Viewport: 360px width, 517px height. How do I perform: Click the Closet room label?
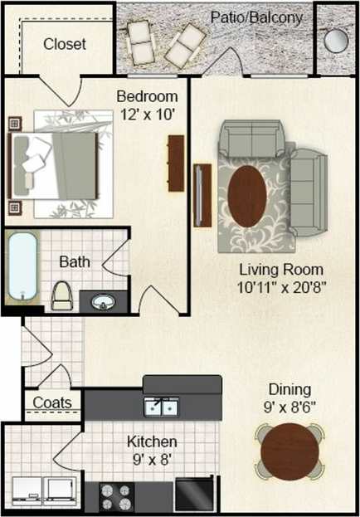click(65, 44)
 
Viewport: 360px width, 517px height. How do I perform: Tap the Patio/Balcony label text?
click(255, 17)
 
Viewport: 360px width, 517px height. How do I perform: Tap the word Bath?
click(75, 262)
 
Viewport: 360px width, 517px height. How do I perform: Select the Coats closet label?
click(52, 404)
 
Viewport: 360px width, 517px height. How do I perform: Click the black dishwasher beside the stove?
click(194, 495)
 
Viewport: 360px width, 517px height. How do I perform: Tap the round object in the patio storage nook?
click(337, 40)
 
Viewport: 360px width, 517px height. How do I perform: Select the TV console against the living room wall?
click(199, 195)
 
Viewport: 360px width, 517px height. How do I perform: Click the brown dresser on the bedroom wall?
click(175, 162)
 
